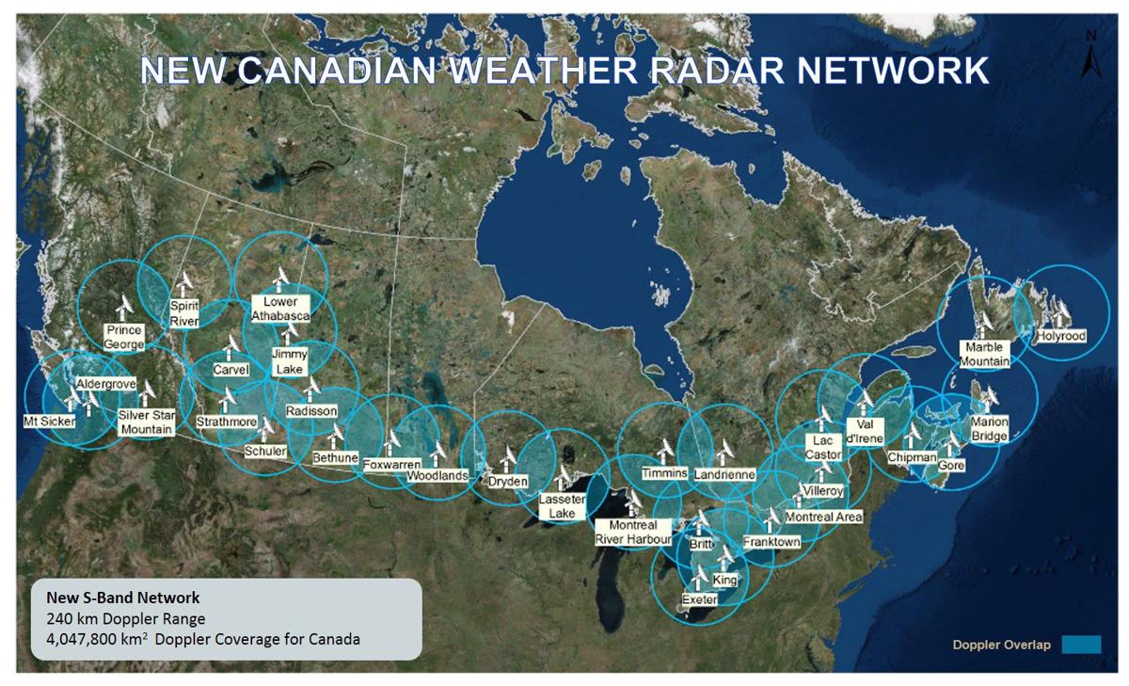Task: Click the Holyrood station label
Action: pos(1061,336)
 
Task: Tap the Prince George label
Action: pos(123,337)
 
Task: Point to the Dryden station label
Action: pos(508,481)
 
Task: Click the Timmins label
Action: pos(665,472)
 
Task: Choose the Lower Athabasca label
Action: pos(280,309)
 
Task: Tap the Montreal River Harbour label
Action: pos(633,532)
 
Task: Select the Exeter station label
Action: pos(700,599)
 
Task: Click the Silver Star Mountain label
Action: pos(146,422)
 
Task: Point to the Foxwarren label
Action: pos(390,465)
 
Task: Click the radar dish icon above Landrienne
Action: pos(725,449)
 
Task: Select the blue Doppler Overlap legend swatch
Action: pos(1080,645)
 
